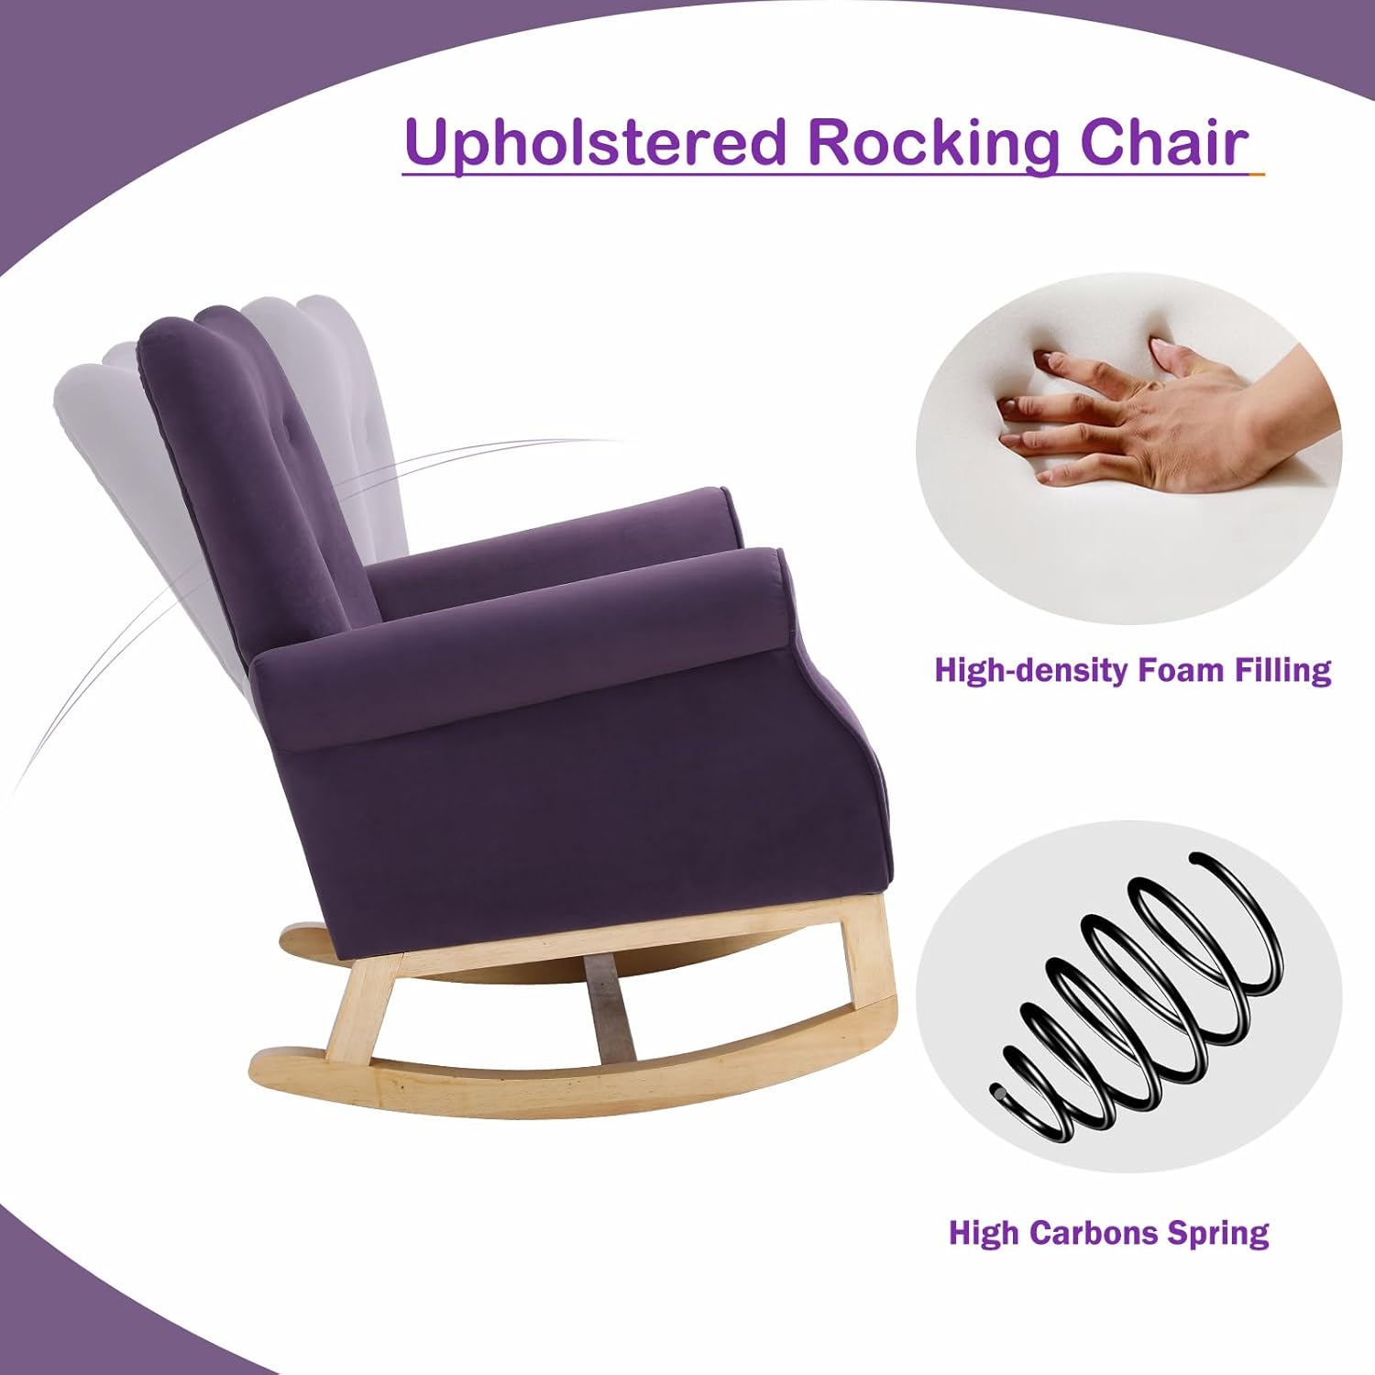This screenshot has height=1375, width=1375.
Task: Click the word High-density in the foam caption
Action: [x=1030, y=670]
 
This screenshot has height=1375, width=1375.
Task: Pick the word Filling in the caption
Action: [x=1281, y=670]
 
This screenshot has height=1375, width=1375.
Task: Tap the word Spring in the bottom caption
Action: [x=1218, y=1234]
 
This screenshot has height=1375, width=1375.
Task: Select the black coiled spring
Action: [x=1137, y=999]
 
